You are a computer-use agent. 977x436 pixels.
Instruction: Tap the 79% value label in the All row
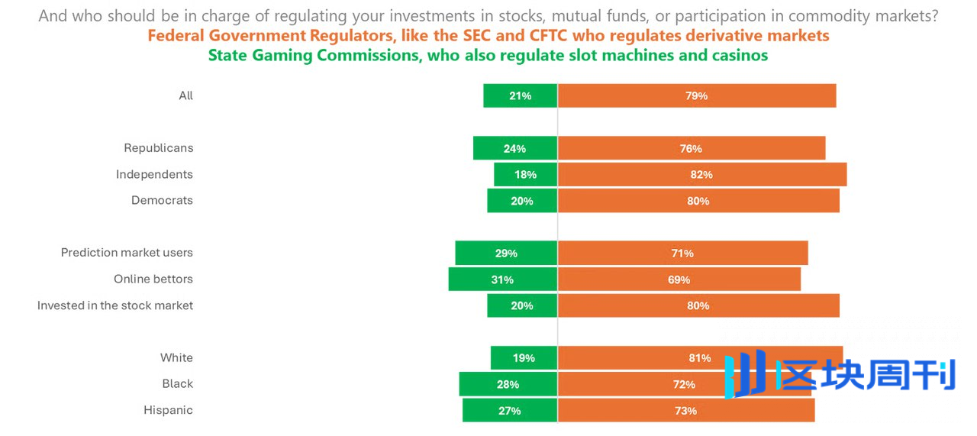[696, 95]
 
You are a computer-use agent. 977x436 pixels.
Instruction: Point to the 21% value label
[520, 95]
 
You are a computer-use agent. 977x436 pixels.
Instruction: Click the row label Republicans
[159, 148]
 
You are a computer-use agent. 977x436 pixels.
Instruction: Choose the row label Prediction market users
[127, 253]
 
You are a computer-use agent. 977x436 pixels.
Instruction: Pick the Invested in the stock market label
[115, 305]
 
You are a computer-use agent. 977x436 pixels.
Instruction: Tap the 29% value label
[506, 254]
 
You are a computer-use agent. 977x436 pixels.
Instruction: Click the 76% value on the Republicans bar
[691, 148]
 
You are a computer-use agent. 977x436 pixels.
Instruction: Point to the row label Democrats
[162, 200]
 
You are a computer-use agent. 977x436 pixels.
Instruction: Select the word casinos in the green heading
[738, 56]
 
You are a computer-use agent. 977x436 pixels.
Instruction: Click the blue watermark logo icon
[745, 375]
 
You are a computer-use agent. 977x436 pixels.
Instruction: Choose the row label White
[176, 358]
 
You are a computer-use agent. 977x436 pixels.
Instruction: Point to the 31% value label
[502, 279]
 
